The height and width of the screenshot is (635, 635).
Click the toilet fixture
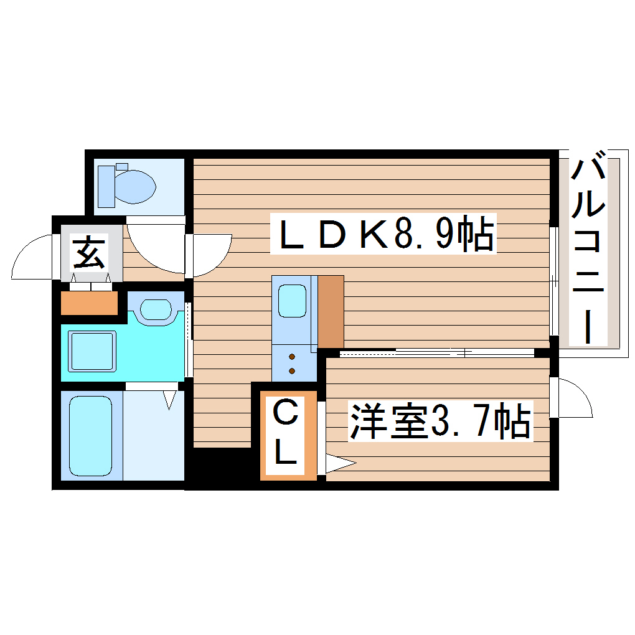[x=128, y=184]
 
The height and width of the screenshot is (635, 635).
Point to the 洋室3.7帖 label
[x=440, y=421]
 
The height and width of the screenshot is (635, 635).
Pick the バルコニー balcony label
[x=588, y=249]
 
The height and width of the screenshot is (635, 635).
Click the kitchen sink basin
[x=292, y=301]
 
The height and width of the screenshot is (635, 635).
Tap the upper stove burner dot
[x=291, y=357]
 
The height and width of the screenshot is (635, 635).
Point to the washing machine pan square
[x=92, y=352]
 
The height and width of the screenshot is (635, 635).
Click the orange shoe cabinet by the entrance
[x=89, y=303]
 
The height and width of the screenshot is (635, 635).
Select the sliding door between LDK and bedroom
[x=436, y=352]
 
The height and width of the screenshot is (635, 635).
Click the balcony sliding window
[x=553, y=280]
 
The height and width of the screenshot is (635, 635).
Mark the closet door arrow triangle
[x=339, y=463]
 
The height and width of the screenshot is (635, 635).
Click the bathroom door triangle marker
[x=170, y=398]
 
